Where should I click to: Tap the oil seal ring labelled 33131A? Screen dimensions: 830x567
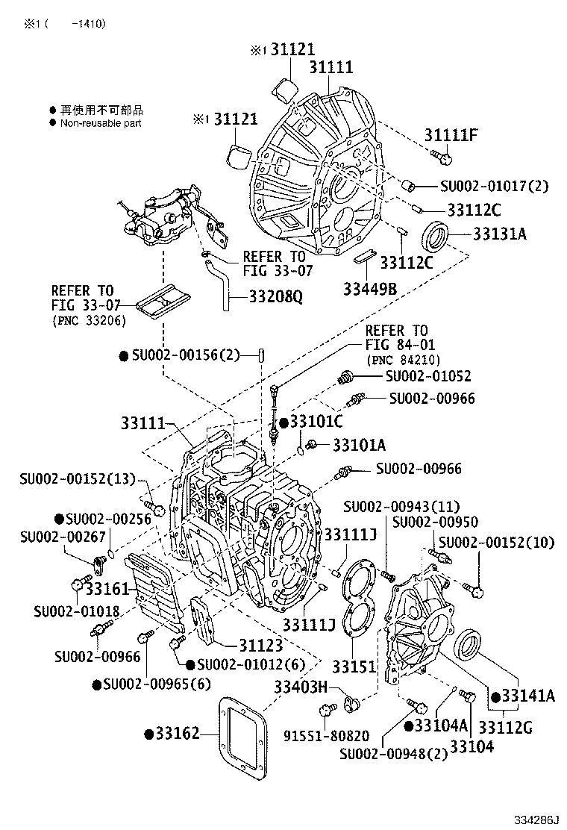tap(436, 237)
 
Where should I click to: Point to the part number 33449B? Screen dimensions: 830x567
tap(369, 287)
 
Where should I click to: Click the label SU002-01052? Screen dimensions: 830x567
tap(429, 376)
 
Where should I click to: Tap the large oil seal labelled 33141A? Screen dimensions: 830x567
tap(469, 644)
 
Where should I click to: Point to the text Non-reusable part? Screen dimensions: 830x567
tap(101, 123)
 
